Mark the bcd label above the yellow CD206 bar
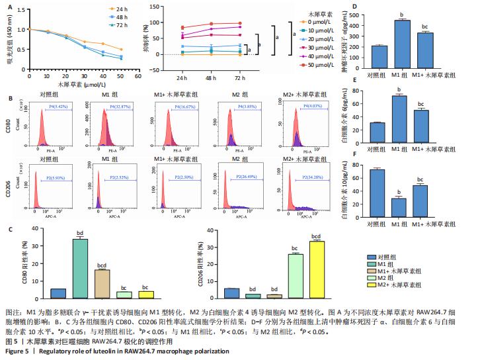coord(317,236)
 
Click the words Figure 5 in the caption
coord(17,351)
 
